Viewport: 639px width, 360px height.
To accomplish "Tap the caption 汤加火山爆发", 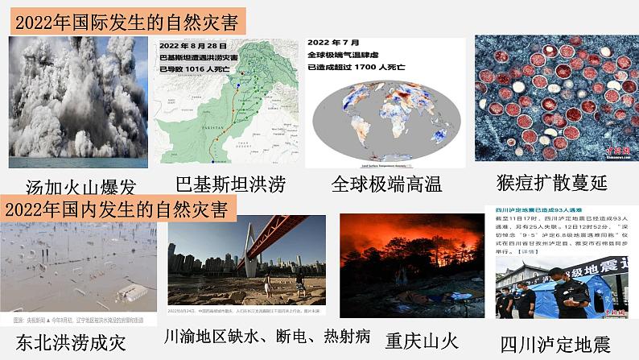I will (80, 187).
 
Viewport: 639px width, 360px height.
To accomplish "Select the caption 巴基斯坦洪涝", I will (230, 184).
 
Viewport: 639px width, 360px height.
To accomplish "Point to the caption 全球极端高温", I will (386, 184).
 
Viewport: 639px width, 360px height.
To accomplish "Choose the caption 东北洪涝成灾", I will (72, 341).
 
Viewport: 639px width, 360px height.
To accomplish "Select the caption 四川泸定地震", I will (555, 344).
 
